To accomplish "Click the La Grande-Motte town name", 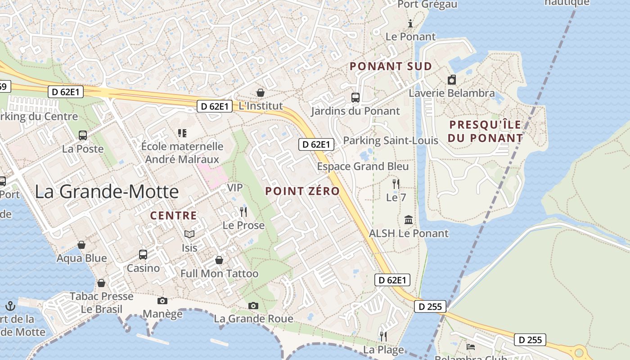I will pos(107,192).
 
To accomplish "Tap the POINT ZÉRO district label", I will pos(302,191).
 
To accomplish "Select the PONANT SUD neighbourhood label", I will pos(391,66).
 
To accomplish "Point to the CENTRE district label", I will pos(174,216).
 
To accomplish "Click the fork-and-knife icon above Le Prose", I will pos(243,212).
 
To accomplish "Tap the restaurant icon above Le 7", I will pos(396,184).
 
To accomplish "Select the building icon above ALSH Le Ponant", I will pos(409,220).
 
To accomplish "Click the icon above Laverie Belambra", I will pos(452,80).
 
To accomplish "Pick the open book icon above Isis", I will pos(189,234).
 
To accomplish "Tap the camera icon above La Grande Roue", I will pos(253,306).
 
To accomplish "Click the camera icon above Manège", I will pos(162,301).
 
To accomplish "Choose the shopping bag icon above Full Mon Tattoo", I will pos(219,260).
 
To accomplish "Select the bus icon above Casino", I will pos(143,255).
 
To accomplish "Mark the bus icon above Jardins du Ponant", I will pos(355,98).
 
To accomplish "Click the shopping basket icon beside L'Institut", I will pos(260,93).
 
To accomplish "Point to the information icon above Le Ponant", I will pos(410,24).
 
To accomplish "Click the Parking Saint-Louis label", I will pos(391,141).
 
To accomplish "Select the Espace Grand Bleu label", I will pos(363,166).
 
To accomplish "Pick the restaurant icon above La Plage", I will pos(383,336).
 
